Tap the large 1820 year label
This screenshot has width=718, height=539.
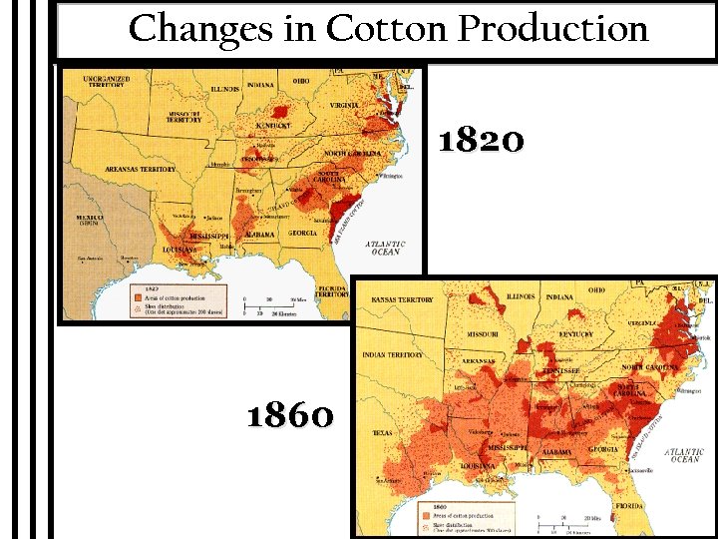(x=482, y=142)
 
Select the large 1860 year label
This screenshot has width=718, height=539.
(x=290, y=414)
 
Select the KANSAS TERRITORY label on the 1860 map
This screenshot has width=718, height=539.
(x=402, y=299)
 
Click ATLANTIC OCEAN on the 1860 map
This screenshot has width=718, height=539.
(x=685, y=455)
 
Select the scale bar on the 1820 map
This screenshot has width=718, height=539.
(x=271, y=303)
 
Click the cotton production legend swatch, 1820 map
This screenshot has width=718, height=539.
(x=138, y=296)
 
